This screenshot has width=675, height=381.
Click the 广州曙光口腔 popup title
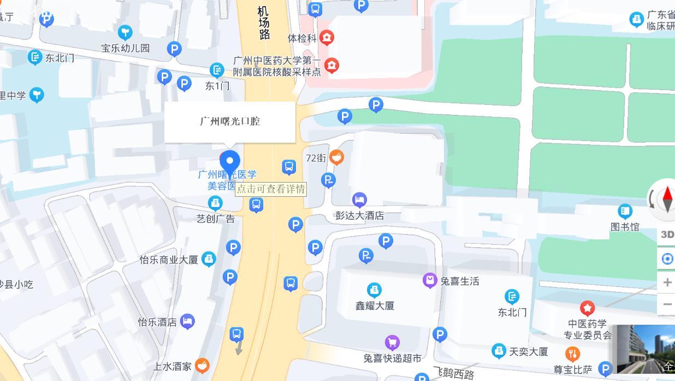click(x=230, y=121)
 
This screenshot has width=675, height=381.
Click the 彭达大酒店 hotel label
click(x=359, y=215)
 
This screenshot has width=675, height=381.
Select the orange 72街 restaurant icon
click(x=336, y=157)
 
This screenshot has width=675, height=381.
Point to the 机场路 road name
click(x=264, y=23)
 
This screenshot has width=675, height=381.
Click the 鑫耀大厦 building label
click(x=375, y=306)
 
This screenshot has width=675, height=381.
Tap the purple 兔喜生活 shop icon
click(x=430, y=280)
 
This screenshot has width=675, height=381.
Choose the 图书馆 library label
click(x=625, y=226)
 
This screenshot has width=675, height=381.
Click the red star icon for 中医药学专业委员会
click(x=587, y=308)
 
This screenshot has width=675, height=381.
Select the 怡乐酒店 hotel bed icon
click(x=187, y=321)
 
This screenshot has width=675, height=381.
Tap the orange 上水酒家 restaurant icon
click(x=202, y=366)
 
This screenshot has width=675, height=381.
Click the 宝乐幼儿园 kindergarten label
click(x=126, y=48)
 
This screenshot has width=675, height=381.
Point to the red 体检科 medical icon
click(x=327, y=37)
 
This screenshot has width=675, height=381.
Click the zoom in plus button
click(x=667, y=282)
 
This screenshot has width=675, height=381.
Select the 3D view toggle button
click(x=667, y=235)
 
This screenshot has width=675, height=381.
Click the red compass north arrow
click(x=667, y=195)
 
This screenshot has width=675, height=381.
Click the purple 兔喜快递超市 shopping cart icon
click(x=392, y=343)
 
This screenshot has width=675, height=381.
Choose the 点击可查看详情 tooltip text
click(x=271, y=189)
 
